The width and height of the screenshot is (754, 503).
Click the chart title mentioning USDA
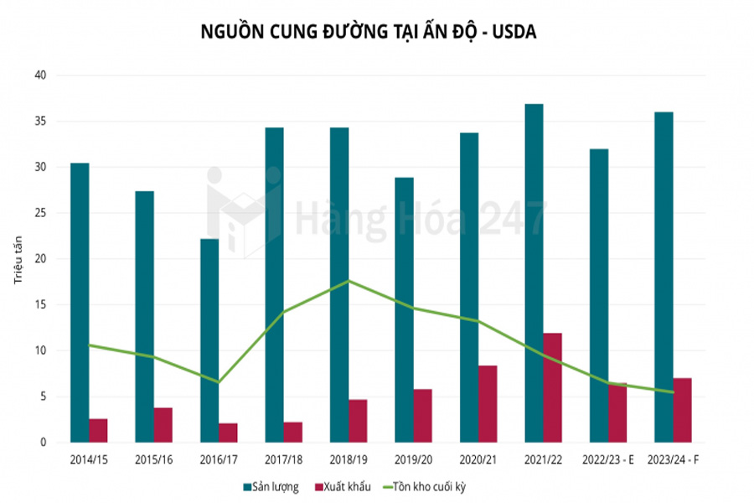click(368, 31)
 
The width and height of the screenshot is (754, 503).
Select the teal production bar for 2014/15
click(80, 302)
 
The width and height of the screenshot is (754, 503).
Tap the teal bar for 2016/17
click(209, 340)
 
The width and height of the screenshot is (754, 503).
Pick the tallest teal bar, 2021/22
click(534, 272)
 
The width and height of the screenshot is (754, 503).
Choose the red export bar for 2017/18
click(293, 432)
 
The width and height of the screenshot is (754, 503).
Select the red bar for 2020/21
click(488, 403)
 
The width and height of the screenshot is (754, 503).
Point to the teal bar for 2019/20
click(404, 309)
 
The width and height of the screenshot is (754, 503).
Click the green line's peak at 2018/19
click(349, 281)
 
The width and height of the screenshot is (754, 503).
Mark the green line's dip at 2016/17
click(219, 382)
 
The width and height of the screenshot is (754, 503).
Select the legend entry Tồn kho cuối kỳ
click(436, 487)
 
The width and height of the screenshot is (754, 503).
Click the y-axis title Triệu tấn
click(18, 258)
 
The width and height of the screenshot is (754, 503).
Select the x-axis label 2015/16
click(154, 459)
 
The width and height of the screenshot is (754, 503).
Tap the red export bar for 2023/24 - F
click(682, 410)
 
